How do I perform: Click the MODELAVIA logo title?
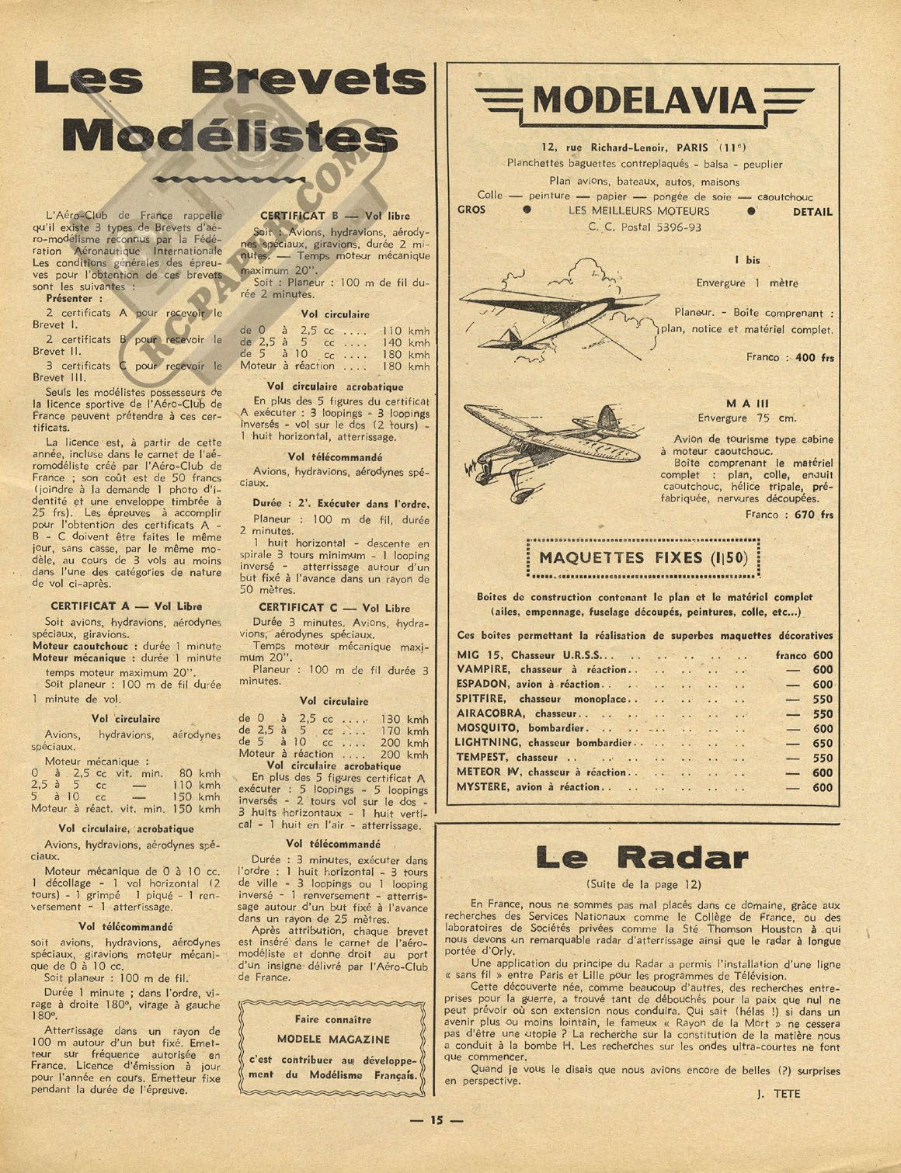coord(643,102)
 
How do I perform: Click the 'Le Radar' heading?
coord(641,857)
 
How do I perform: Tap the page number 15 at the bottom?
coord(436,1119)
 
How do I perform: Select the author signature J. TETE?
coord(776,1094)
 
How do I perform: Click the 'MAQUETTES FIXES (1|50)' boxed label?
coord(642,557)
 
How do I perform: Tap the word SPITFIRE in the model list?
coord(483,699)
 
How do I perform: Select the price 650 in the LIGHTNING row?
coord(822,743)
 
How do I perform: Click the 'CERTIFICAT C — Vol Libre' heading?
coord(334,607)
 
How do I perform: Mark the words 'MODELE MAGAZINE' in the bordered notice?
coord(333,1039)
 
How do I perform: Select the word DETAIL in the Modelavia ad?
coord(812,211)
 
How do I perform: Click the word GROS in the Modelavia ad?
coord(471,210)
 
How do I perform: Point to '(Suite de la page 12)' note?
coord(642,884)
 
